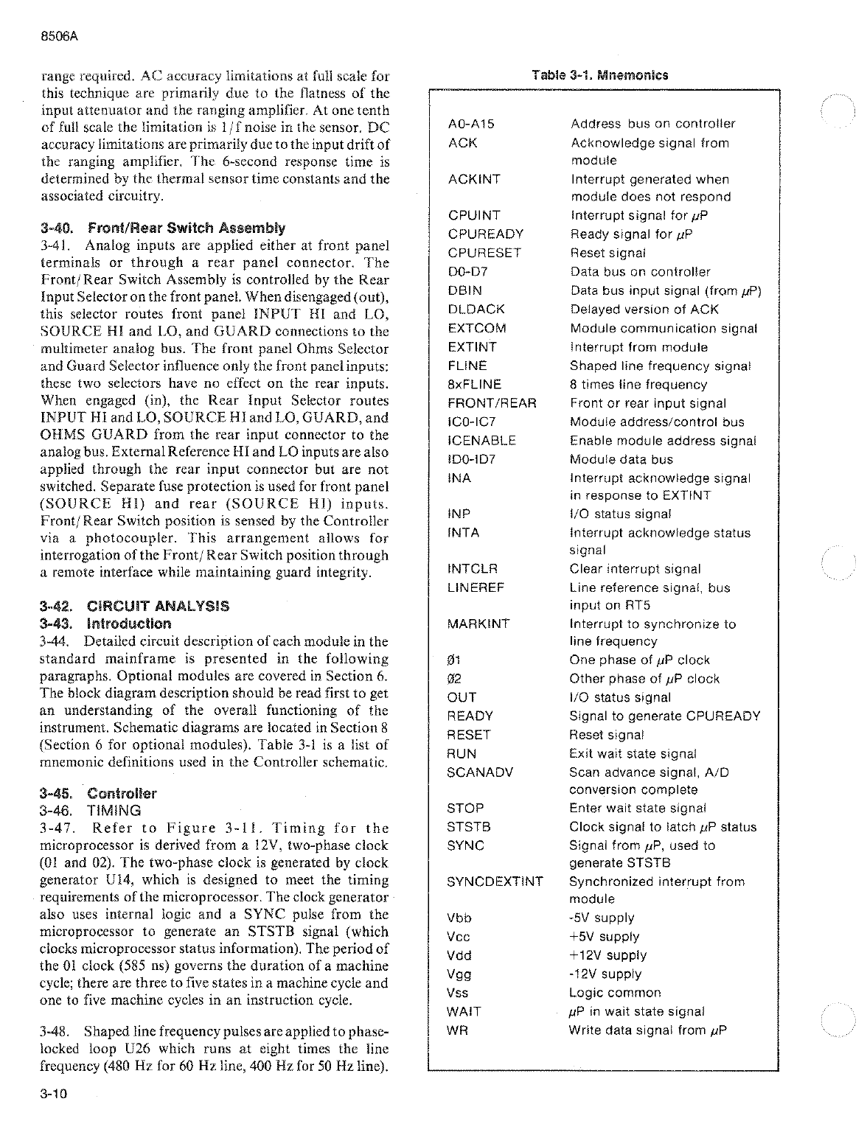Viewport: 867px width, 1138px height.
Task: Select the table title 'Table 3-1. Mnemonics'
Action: click(x=599, y=75)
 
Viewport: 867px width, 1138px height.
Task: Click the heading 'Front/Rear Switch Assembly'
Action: click(x=187, y=228)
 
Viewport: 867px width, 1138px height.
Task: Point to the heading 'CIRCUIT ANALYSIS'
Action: click(x=158, y=606)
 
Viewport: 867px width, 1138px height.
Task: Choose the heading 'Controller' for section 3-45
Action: click(x=122, y=794)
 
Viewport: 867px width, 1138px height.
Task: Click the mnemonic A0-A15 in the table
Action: click(x=470, y=124)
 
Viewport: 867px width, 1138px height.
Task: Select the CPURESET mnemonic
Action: click(x=484, y=253)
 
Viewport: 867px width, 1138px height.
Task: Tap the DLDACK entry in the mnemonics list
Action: click(x=476, y=310)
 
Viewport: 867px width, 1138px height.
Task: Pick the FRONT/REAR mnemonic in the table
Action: click(x=492, y=403)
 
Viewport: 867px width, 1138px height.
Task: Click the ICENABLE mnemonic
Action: click(x=481, y=441)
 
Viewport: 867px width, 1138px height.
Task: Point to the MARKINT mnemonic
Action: click(x=478, y=624)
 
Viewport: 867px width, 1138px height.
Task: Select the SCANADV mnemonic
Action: click(x=479, y=772)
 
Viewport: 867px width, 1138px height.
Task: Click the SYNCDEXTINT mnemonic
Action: click(x=495, y=882)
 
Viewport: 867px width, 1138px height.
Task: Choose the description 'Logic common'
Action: click(x=615, y=993)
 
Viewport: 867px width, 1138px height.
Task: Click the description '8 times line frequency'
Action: click(x=638, y=385)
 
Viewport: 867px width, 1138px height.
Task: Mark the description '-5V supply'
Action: click(x=602, y=918)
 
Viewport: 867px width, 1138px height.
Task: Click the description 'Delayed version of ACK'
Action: click(x=644, y=310)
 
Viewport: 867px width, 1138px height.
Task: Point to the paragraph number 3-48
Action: click(x=55, y=1031)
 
